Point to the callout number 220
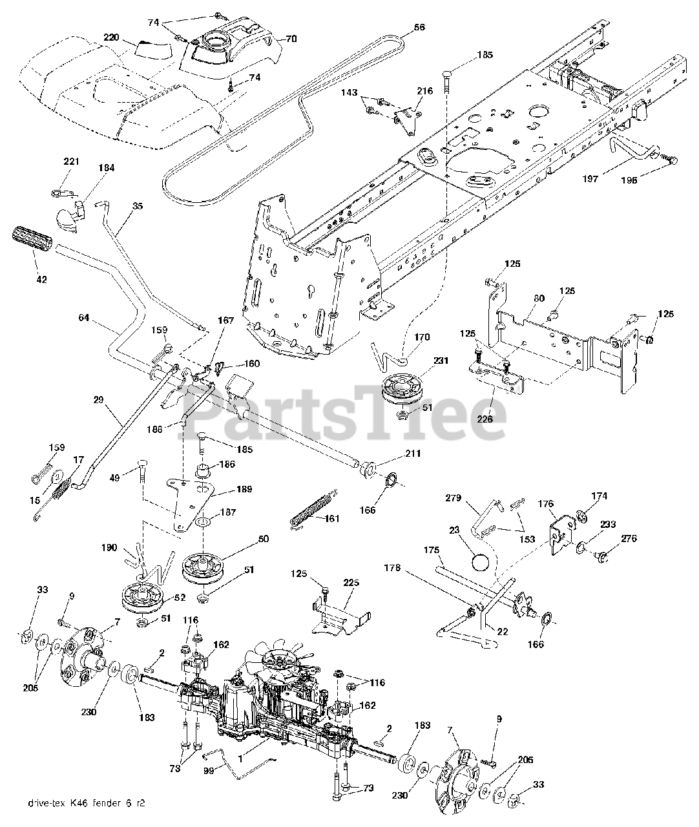pyautogui.click(x=111, y=37)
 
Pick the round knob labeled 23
pyautogui.click(x=481, y=561)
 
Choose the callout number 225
pyautogui.click(x=351, y=583)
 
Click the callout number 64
pyautogui.click(x=84, y=318)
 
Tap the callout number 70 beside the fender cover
pyautogui.click(x=291, y=39)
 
